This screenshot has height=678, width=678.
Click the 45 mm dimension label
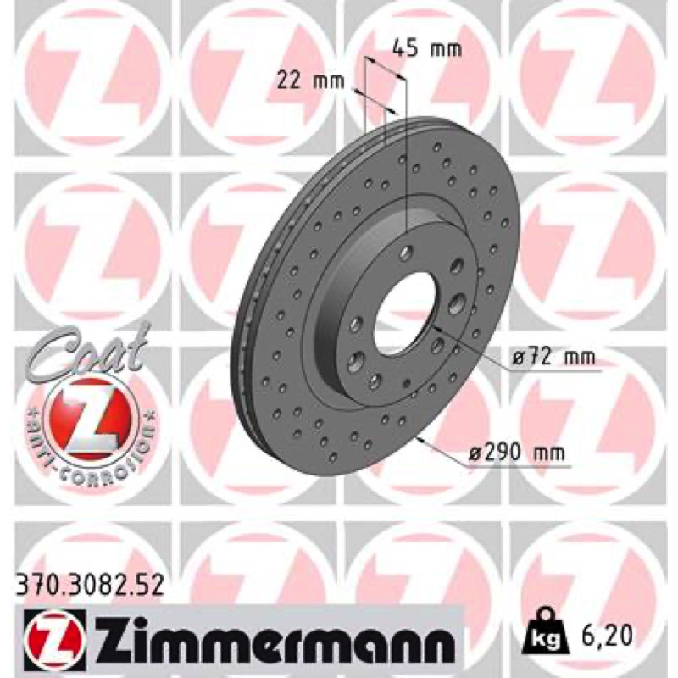coord(427,49)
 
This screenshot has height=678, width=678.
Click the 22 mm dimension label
coord(311,81)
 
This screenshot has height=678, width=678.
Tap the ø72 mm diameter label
coord(554,357)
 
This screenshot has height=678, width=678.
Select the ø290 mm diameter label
coord(517,453)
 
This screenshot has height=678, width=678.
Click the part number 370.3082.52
coord(91,586)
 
